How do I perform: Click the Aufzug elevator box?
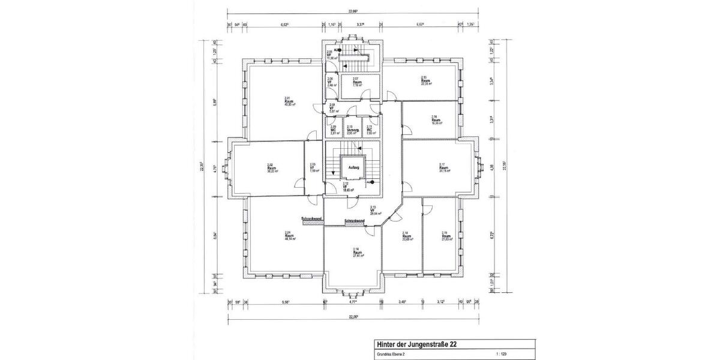(x=353, y=168)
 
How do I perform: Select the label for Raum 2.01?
(x=289, y=101)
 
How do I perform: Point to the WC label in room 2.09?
(x=334, y=130)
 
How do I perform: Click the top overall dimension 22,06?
(x=353, y=11)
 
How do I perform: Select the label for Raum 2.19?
(x=446, y=236)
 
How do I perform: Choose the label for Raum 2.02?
(x=272, y=168)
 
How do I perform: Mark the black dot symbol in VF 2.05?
(x=337, y=50)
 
